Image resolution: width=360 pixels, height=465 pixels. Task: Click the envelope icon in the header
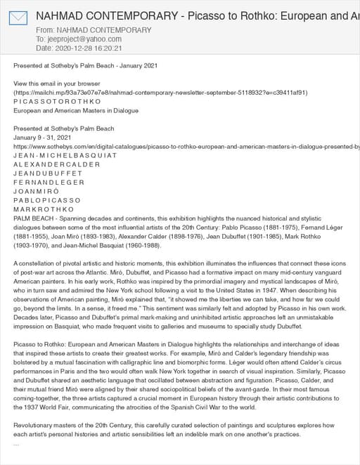[x=18, y=18]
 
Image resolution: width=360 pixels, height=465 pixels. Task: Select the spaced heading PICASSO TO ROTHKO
[x=57, y=101]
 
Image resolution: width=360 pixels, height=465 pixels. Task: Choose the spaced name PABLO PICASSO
[x=47, y=200]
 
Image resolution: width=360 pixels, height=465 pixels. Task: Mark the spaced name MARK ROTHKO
[x=43, y=209]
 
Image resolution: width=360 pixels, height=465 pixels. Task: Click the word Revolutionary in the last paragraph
[x=39, y=426]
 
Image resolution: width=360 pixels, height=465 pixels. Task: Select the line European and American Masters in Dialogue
[x=65, y=110]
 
